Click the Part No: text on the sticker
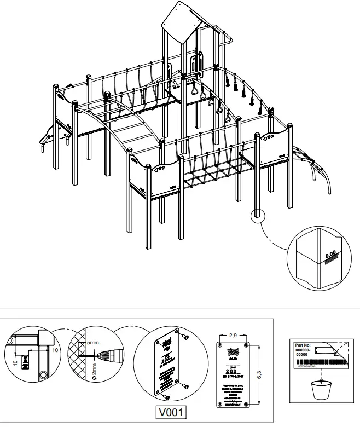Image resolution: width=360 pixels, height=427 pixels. (x=303, y=345)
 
